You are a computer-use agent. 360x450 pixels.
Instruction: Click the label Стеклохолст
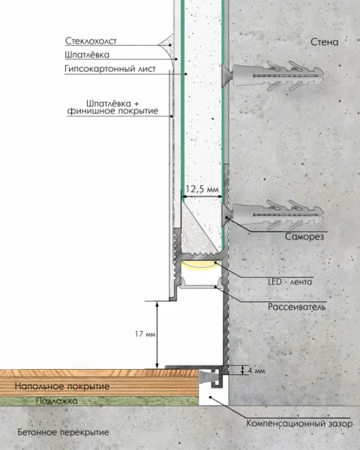pyautogui.click(x=91, y=41)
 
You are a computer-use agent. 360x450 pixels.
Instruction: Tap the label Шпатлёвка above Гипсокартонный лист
pyautogui.click(x=87, y=55)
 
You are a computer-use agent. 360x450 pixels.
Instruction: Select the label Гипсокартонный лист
pyautogui.click(x=110, y=69)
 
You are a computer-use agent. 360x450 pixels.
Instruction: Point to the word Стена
pyautogui.click(x=325, y=42)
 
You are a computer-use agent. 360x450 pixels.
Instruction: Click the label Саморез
pyautogui.click(x=304, y=237)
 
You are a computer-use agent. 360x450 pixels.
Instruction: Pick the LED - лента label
pyautogui.click(x=290, y=282)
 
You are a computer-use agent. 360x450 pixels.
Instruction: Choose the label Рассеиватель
pyautogui.click(x=297, y=307)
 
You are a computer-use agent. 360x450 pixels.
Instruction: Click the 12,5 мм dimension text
pyautogui.click(x=202, y=189)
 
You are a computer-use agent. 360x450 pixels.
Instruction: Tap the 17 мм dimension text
pyautogui.click(x=145, y=334)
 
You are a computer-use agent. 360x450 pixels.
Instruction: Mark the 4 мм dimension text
pyautogui.click(x=256, y=370)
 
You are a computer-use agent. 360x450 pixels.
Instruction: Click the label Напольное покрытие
pyautogui.click(x=62, y=386)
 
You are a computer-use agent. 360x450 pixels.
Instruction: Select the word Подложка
pyautogui.click(x=56, y=401)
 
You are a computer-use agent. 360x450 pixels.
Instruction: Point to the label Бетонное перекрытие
pyautogui.click(x=63, y=432)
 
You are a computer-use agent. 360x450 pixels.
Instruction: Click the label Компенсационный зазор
pyautogui.click(x=299, y=424)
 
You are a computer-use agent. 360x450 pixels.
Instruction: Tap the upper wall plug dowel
pyautogui.click(x=272, y=76)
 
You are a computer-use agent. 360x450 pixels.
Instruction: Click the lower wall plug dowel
pyautogui.click(x=272, y=215)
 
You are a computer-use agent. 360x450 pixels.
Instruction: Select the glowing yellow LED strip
pyautogui.click(x=201, y=264)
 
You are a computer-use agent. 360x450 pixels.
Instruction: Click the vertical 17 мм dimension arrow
pyautogui.click(x=157, y=335)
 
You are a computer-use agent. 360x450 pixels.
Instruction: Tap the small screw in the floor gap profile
pyautogui.click(x=207, y=376)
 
